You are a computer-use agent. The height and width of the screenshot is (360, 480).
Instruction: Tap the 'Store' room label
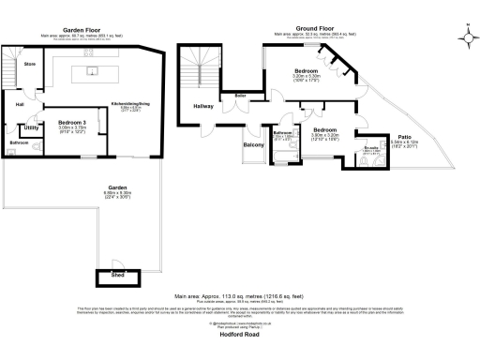[29, 65]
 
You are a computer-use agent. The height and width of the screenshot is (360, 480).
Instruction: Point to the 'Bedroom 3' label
[71, 123]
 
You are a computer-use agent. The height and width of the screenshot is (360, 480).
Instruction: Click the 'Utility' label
[31, 127]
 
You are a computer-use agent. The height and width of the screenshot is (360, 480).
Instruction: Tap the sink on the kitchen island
[94, 70]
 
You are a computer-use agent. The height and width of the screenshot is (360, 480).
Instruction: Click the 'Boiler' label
[240, 95]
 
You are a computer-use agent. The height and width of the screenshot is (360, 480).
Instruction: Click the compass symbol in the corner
[466, 37]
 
